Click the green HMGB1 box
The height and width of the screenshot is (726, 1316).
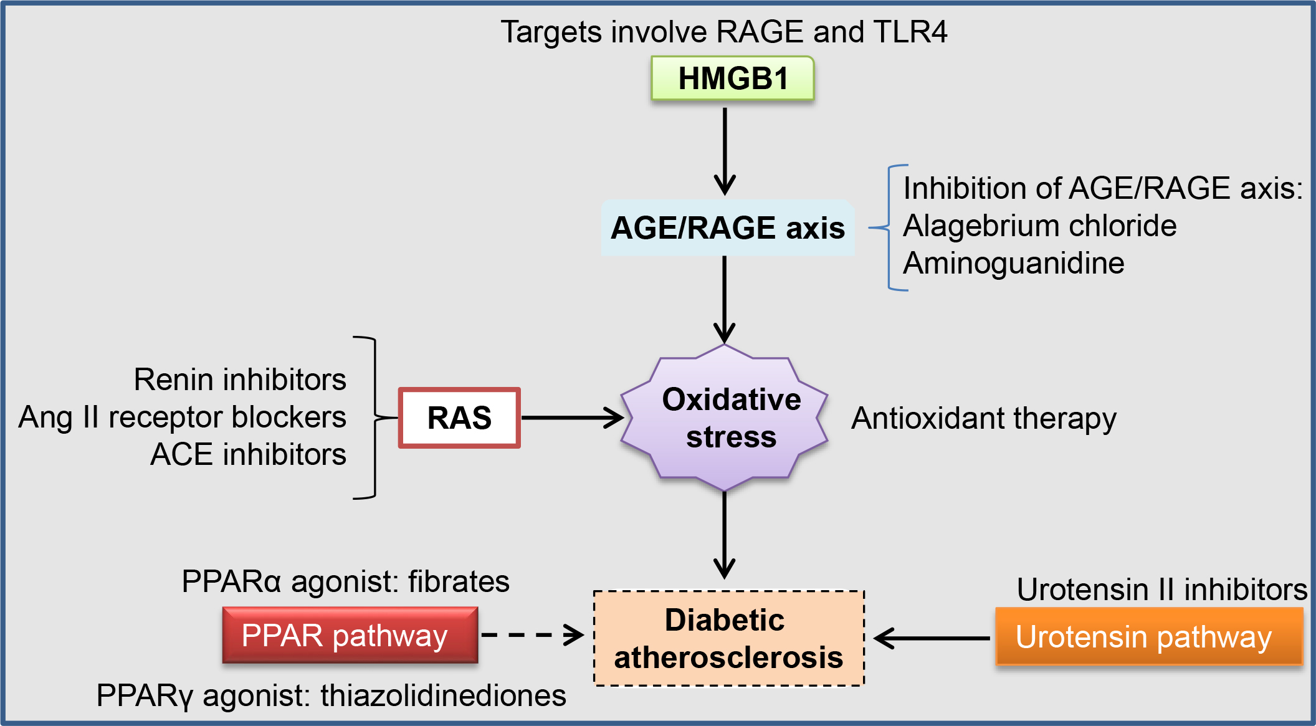[x=732, y=79]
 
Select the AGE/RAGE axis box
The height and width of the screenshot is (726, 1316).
[x=727, y=228]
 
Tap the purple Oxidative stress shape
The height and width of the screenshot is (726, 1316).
[x=725, y=418]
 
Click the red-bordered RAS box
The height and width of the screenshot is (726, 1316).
[x=459, y=418]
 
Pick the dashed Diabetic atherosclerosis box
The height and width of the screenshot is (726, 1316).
[x=728, y=638]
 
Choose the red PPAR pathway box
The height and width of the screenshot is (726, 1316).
[x=350, y=636]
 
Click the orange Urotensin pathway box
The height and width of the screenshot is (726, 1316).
[x=1148, y=637]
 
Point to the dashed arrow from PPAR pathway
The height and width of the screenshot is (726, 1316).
[x=533, y=636]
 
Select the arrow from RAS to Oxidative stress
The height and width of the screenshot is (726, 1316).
[x=571, y=418]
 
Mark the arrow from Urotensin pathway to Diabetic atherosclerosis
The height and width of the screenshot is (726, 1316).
[x=932, y=638]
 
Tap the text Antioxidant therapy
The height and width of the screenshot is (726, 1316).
[x=984, y=419]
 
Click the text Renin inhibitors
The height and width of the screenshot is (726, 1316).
[x=240, y=380]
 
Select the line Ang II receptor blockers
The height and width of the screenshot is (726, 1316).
[x=182, y=417]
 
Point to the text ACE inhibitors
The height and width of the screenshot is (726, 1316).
[x=248, y=454]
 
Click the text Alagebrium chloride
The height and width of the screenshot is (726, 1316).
[x=1039, y=226]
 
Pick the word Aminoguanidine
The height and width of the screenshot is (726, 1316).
[x=1013, y=263]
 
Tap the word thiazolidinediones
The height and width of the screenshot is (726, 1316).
[x=443, y=695]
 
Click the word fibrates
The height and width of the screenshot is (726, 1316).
[x=459, y=581]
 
